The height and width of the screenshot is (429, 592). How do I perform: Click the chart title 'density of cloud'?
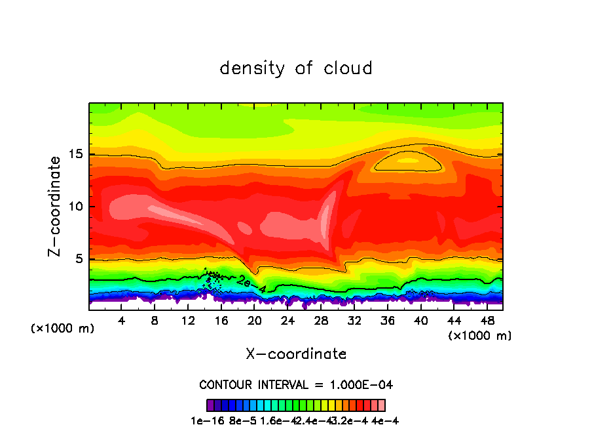tap(296, 68)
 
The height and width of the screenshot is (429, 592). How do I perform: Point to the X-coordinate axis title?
tap(296, 354)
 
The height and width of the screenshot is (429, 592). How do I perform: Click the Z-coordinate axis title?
tap(56, 206)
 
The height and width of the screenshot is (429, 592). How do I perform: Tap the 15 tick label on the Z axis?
tap(74, 155)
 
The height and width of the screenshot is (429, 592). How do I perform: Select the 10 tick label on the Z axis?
tap(74, 207)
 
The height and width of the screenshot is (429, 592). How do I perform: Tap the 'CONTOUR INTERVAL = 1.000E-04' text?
tap(296, 384)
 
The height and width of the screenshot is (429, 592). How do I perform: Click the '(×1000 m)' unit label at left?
tap(62, 329)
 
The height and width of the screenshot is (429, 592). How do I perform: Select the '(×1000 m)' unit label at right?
tap(480, 336)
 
